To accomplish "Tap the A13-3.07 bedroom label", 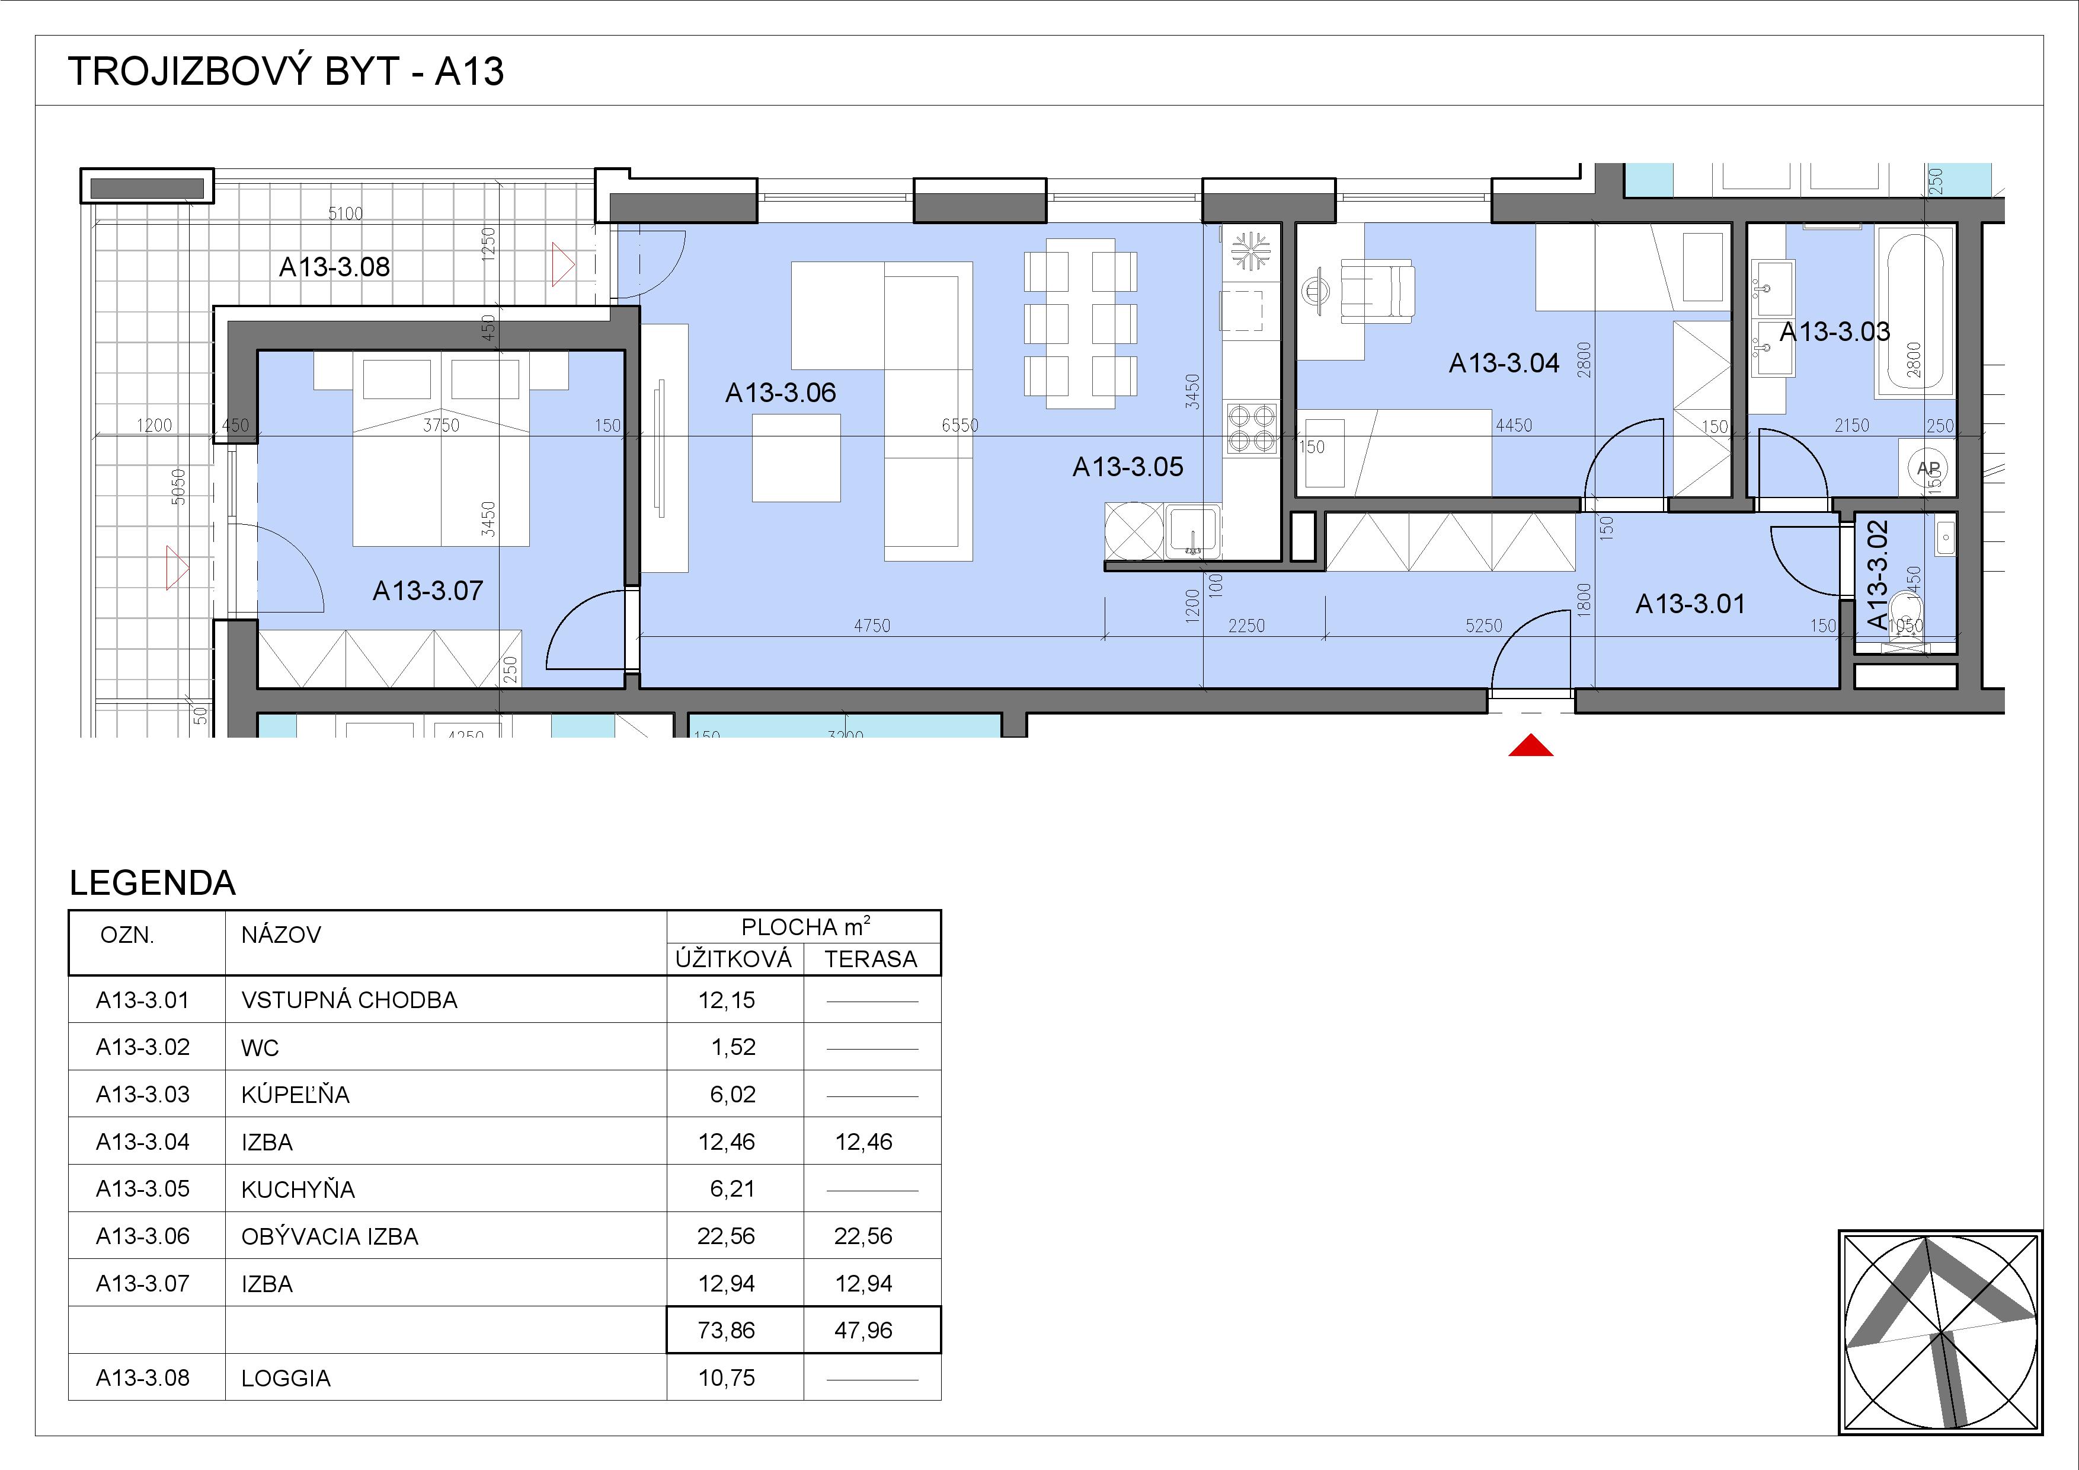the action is (428, 591).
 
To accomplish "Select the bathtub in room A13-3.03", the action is (1915, 313).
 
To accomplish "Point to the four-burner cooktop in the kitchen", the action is (1252, 428).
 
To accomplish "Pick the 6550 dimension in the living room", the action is (960, 425).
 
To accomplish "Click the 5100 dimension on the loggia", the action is (345, 213).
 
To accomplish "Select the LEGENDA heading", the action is (152, 883).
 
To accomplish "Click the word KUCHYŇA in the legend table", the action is (298, 1190).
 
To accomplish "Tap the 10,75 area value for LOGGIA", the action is (726, 1377).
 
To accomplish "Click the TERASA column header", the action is (871, 959).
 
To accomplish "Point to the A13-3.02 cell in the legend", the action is (143, 1047).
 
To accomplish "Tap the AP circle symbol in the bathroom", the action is (1928, 468).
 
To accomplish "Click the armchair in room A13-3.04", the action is (1376, 290).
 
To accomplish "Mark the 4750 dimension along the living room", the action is (871, 626).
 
